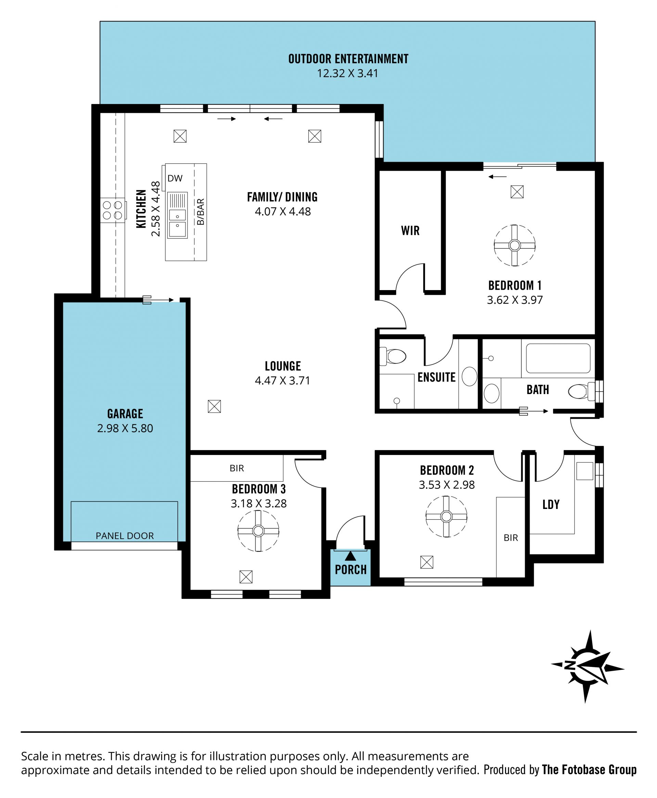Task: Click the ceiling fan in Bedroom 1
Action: coord(514,246)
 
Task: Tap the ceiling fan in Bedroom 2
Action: coord(446,516)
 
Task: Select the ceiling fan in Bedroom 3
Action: coord(258,531)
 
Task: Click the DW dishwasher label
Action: coord(175,179)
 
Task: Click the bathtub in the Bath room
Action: coord(558,358)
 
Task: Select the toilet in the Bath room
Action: coord(581,391)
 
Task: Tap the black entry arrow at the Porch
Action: coord(350,556)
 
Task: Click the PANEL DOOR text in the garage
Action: coord(125,536)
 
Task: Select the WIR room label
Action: coord(410,231)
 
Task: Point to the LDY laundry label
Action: coord(551,505)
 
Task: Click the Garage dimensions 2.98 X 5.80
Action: coord(125,428)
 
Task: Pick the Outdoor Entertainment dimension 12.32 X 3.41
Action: coord(347,73)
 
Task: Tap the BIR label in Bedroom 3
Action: coord(237,468)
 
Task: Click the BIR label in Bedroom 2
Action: coord(511,538)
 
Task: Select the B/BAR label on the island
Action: coord(201,212)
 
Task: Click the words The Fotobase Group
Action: coord(589,770)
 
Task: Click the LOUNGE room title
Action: coord(283,366)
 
